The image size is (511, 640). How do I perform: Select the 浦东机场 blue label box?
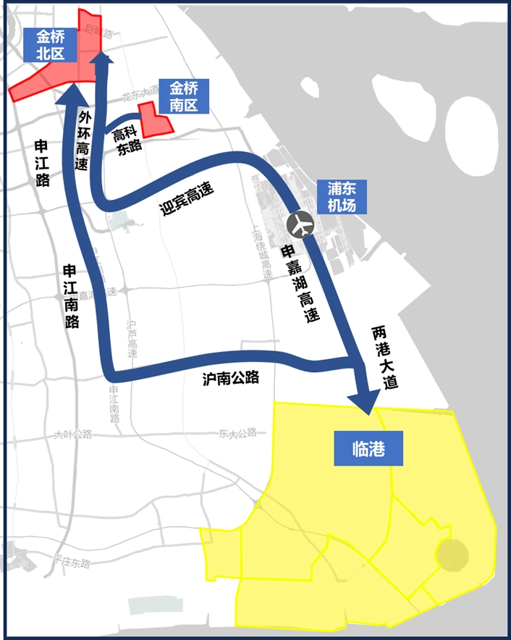point(342,196)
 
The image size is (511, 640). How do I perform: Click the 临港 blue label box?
point(368,450)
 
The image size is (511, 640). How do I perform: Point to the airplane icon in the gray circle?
point(300,224)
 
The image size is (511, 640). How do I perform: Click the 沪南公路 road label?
point(231,378)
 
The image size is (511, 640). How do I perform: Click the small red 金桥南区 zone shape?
point(155,122)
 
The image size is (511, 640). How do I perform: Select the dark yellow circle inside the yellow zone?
point(452,555)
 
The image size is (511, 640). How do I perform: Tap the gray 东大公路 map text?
point(237,434)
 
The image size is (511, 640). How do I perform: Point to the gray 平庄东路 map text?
point(72,563)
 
